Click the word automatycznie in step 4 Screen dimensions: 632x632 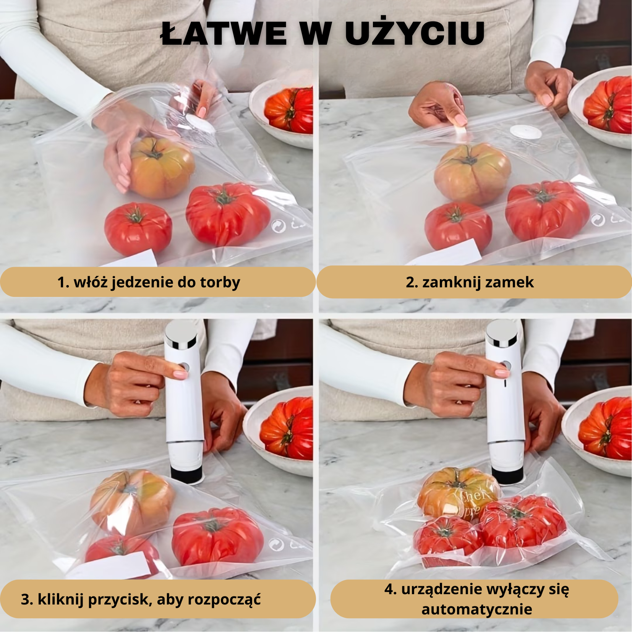click(x=476, y=609)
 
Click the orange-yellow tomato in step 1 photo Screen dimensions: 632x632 click(x=161, y=167)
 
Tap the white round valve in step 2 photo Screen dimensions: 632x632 click(x=526, y=132)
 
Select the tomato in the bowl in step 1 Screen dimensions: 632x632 click(x=289, y=110)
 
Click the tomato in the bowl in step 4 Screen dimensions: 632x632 click(x=606, y=428)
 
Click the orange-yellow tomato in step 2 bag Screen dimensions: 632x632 click(x=473, y=174)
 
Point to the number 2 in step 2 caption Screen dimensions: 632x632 click(x=411, y=282)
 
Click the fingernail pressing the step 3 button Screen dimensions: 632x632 click(x=180, y=373)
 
